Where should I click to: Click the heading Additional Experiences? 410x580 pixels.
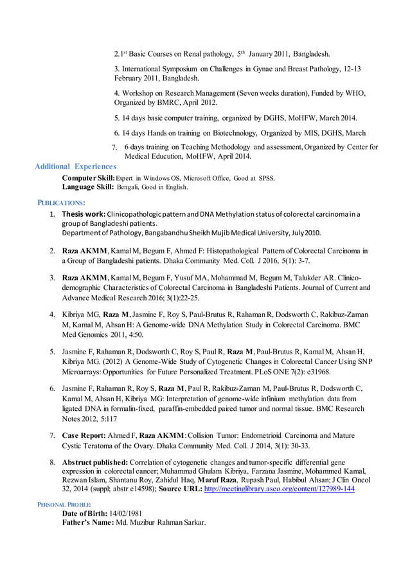click(x=75, y=167)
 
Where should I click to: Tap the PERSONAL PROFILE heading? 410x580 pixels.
click(x=62, y=503)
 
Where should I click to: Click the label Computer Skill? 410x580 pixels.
click(x=88, y=178)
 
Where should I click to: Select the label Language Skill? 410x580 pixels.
click(x=88, y=187)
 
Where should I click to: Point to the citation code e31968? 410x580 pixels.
click(x=316, y=372)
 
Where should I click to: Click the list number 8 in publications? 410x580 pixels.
click(x=52, y=462)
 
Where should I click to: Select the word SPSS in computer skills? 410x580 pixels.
click(x=266, y=178)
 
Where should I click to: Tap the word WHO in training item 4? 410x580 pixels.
click(x=354, y=93)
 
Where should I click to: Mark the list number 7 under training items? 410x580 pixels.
click(x=114, y=148)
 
